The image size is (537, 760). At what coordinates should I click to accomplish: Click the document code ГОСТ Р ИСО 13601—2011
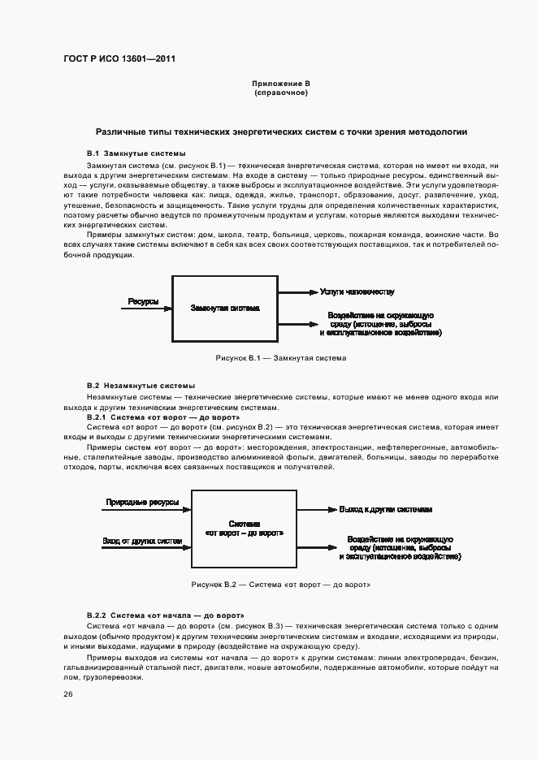pyautogui.click(x=119, y=59)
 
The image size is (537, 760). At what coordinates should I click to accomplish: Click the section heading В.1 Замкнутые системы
pyautogui.click(x=136, y=153)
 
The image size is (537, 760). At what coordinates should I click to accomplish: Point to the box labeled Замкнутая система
pyautogui.click(x=225, y=309)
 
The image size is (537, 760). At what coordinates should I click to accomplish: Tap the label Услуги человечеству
pyautogui.click(x=357, y=291)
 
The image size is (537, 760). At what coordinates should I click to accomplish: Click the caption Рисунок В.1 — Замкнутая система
pyautogui.click(x=280, y=357)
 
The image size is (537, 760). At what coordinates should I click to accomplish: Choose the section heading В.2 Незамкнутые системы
pyautogui.click(x=141, y=386)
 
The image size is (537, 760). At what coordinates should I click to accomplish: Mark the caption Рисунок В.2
pyautogui.click(x=280, y=585)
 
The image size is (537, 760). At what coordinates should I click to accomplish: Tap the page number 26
pyautogui.click(x=69, y=694)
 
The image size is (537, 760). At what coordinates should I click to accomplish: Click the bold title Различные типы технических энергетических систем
pyautogui.click(x=281, y=131)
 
